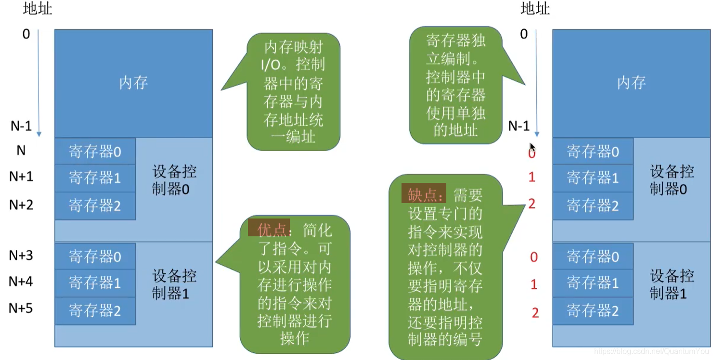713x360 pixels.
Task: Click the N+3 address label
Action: pyautogui.click(x=21, y=255)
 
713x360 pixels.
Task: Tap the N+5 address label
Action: pyautogui.click(x=21, y=308)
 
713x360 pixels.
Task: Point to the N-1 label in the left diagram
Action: pyautogui.click(x=21, y=126)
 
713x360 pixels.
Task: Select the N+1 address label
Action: pyautogui.click(x=21, y=177)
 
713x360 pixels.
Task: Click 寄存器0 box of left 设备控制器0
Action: pyautogui.click(x=95, y=152)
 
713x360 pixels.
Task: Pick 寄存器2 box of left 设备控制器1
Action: pyautogui.click(x=95, y=311)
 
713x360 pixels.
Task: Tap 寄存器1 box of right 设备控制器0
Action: pyautogui.click(x=593, y=178)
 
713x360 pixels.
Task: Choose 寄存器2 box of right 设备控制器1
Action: pyautogui.click(x=593, y=311)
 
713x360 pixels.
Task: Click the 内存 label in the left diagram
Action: pyautogui.click(x=133, y=83)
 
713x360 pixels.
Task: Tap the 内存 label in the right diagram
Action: pyautogui.click(x=631, y=83)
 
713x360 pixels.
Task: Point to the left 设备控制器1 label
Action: pyautogui.click(x=174, y=284)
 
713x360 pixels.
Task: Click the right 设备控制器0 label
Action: pyautogui.click(x=672, y=180)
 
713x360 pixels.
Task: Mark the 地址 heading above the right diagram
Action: pyautogui.click(x=535, y=9)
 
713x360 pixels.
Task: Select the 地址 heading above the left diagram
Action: pyautogui.click(x=37, y=9)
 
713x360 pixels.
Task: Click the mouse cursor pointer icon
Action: pyautogui.click(x=532, y=148)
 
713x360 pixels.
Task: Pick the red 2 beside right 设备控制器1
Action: pyautogui.click(x=535, y=313)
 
